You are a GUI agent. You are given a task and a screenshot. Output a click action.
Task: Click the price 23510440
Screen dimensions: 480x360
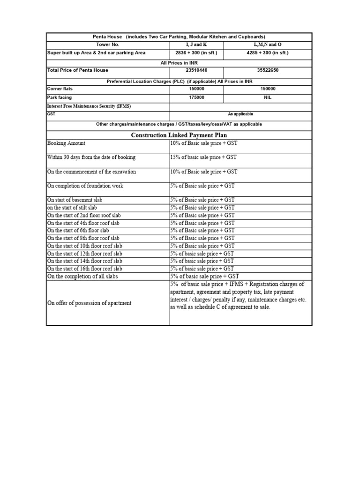[x=196, y=70]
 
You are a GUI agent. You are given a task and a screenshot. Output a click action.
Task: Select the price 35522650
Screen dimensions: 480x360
[x=268, y=70]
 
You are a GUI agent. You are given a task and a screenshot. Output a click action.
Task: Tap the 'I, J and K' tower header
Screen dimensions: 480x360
[x=196, y=45]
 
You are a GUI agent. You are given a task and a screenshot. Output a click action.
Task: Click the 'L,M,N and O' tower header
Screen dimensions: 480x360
[x=268, y=45]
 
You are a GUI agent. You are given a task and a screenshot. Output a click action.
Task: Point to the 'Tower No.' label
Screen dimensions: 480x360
[x=108, y=45]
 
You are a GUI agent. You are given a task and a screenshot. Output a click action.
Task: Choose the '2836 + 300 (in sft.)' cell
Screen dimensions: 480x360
[x=196, y=53]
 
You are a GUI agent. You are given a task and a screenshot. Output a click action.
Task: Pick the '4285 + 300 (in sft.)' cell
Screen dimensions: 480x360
[x=268, y=53]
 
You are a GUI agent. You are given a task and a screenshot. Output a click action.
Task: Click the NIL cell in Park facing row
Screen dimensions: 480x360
[x=268, y=97]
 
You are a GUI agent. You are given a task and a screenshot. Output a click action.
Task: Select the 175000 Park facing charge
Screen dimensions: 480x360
[x=196, y=97]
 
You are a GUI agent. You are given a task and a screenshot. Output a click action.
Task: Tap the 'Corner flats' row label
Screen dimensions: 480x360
[x=60, y=89]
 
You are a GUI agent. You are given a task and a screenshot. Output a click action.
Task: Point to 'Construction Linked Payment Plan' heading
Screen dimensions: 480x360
[x=179, y=135]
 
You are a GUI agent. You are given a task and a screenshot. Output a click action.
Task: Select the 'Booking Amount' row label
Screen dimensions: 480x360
[x=67, y=143]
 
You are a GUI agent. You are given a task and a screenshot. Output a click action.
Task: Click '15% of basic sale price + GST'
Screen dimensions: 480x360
[x=203, y=157]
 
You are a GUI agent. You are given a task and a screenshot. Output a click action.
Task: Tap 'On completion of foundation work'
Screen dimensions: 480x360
[x=85, y=186]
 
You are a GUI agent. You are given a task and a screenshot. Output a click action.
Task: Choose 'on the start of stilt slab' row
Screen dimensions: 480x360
[x=72, y=208]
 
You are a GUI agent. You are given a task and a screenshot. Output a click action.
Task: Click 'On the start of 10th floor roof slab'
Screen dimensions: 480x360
[x=85, y=246]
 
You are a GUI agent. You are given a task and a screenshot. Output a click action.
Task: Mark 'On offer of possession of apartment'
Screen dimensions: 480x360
[x=90, y=303]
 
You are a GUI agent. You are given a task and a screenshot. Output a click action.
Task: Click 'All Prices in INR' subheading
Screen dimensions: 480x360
[x=179, y=62]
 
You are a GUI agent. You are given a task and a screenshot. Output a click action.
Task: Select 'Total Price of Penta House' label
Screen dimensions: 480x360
[x=78, y=70]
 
